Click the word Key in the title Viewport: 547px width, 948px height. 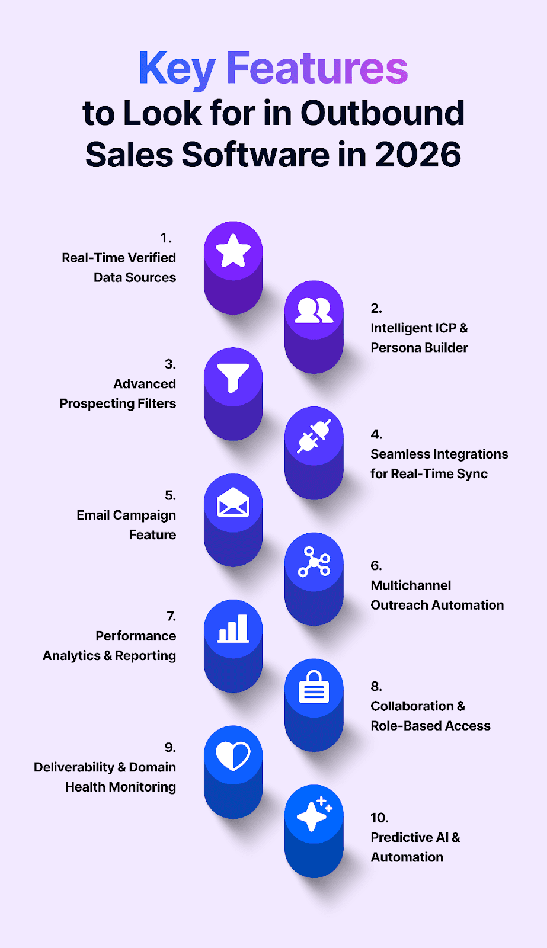tap(177, 69)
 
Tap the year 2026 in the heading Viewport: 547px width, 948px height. tap(418, 155)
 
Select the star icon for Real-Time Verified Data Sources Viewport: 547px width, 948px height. tap(233, 251)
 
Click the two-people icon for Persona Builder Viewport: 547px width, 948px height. tap(314, 310)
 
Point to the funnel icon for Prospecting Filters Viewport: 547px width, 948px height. tap(233, 377)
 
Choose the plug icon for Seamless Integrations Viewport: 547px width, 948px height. tap(314, 436)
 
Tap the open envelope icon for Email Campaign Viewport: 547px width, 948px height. tap(233, 503)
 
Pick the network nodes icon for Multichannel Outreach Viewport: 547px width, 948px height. tap(314, 562)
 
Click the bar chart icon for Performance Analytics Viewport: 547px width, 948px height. tap(233, 629)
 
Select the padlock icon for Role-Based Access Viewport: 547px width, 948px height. tap(314, 687)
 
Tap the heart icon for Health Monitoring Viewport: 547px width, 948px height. tap(233, 755)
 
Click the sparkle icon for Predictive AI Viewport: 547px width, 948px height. tap(314, 814)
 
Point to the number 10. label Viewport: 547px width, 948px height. tap(379, 818)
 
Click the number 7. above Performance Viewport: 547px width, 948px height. tap(171, 616)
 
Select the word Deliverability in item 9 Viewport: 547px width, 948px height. tap(74, 767)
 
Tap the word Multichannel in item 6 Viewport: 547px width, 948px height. tap(411, 585)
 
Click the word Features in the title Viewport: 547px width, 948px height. tap(317, 69)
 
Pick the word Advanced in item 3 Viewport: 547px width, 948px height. tap(145, 384)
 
